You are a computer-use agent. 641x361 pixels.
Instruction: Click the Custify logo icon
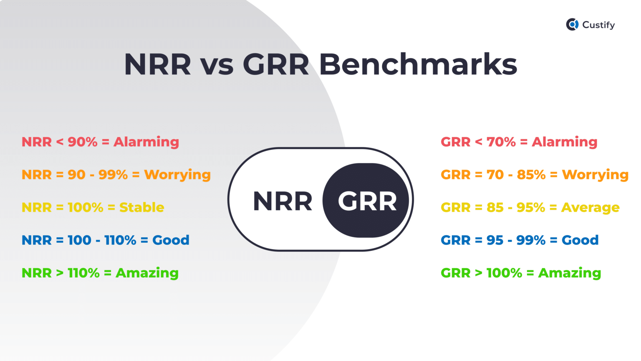(x=572, y=25)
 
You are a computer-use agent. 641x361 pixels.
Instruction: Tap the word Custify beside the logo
(x=598, y=25)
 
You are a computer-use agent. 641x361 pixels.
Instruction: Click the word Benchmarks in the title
(x=418, y=64)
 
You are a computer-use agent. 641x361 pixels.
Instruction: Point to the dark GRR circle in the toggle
(x=366, y=201)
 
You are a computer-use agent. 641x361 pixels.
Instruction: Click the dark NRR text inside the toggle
(x=283, y=201)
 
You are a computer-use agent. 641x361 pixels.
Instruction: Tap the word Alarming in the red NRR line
(x=146, y=142)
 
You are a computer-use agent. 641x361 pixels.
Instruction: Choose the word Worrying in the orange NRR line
(x=177, y=175)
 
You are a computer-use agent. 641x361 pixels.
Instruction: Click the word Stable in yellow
(x=141, y=207)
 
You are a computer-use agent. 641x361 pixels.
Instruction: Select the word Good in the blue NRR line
(x=171, y=240)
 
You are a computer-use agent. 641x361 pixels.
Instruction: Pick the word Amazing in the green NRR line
(x=147, y=273)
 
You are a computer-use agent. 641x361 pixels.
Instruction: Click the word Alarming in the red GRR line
(x=564, y=142)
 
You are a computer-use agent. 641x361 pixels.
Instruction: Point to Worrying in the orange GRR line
(x=595, y=175)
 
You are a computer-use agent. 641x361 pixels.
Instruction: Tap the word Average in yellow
(x=590, y=207)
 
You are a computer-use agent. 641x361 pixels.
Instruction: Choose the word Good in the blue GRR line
(x=580, y=240)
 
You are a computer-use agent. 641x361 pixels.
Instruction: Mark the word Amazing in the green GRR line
(x=570, y=273)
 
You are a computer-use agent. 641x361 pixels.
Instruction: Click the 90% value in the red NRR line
(x=83, y=142)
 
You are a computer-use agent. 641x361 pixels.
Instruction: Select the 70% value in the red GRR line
(x=501, y=142)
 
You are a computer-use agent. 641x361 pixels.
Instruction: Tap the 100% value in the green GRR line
(x=504, y=273)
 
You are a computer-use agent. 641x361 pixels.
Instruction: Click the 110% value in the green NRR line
(x=83, y=273)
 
